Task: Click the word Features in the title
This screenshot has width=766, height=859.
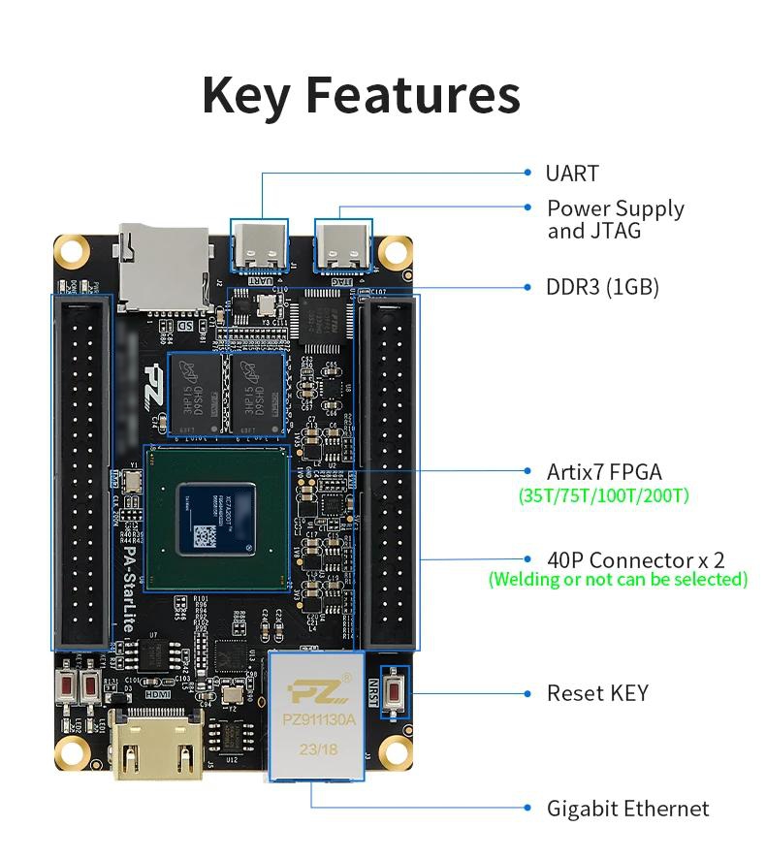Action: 413,95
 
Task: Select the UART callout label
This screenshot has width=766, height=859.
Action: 572,174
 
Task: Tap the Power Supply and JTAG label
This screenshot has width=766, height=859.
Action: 615,219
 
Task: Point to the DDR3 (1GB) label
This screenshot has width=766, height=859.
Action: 602,287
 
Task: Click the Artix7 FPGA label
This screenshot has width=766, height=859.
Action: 604,472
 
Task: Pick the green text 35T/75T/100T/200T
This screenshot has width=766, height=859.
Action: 604,495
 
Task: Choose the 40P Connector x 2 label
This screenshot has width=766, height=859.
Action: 635,559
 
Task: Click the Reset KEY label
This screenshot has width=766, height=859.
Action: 597,693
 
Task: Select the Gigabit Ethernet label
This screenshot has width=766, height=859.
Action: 627,809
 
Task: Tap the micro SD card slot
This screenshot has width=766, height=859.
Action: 163,268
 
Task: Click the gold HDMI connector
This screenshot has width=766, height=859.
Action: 157,746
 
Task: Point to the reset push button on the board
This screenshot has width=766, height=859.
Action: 396,692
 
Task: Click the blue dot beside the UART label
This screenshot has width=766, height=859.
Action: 527,173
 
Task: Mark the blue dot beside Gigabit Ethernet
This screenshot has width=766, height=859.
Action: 527,808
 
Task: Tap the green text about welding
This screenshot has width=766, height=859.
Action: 618,580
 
